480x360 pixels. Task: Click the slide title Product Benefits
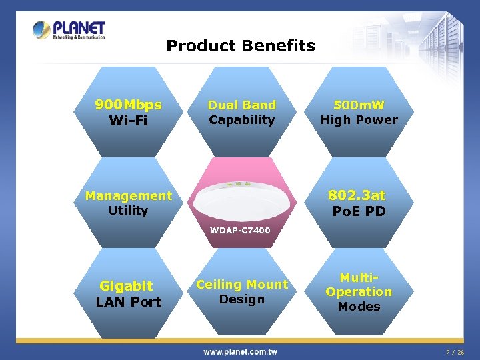click(x=241, y=46)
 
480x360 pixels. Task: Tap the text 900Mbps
click(x=128, y=105)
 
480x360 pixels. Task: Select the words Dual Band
click(x=241, y=105)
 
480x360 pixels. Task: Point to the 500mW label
click(x=359, y=105)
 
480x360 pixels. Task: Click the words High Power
click(x=359, y=120)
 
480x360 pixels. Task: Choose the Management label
click(x=128, y=195)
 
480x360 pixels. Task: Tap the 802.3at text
click(x=359, y=195)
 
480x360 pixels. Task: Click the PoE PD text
click(x=359, y=211)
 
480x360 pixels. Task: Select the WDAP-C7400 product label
click(x=241, y=231)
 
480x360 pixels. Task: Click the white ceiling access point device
click(x=241, y=197)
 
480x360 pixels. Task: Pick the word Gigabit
click(x=126, y=286)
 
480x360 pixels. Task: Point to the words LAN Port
click(x=128, y=302)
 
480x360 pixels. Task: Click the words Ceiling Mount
click(x=241, y=285)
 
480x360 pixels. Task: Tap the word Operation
click(x=359, y=292)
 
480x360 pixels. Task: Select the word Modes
click(x=359, y=307)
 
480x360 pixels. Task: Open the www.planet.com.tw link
click(x=241, y=351)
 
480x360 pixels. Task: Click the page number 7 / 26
click(x=455, y=351)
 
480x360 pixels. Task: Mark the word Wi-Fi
click(x=128, y=121)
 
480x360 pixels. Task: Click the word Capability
click(x=241, y=120)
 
